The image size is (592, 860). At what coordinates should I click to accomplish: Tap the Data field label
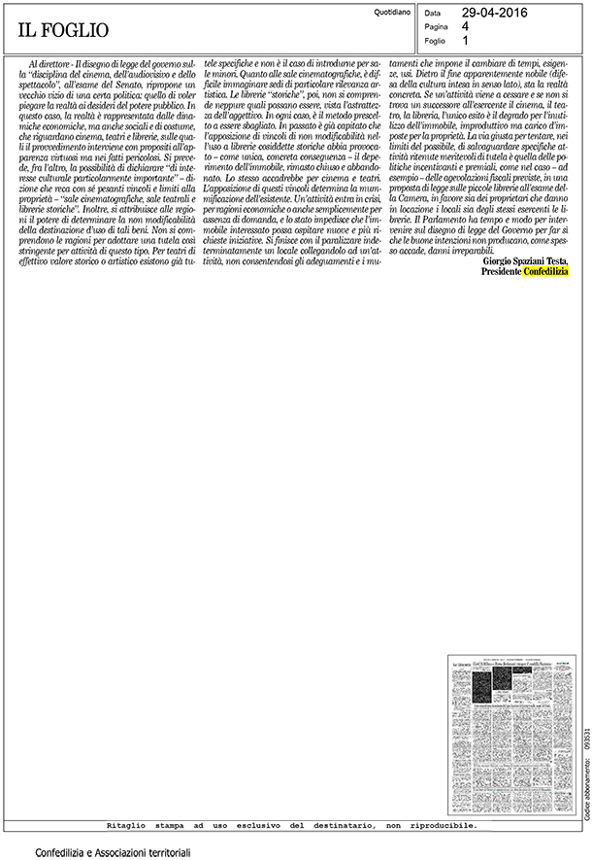tap(433, 14)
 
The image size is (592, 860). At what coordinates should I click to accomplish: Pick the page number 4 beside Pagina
tap(466, 27)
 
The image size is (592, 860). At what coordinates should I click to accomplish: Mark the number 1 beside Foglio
tap(466, 42)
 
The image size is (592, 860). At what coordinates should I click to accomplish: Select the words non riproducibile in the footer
tap(438, 799)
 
